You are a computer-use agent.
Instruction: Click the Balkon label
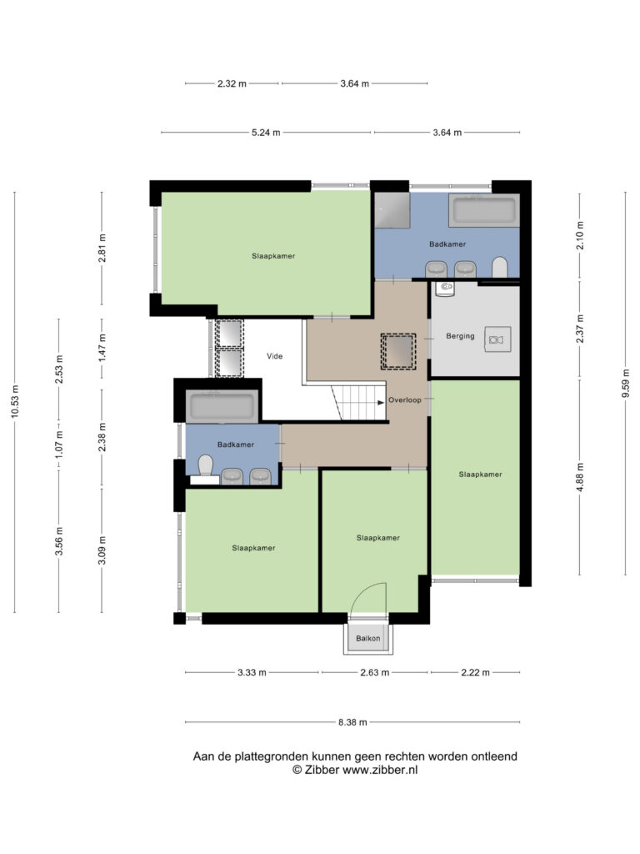[367, 638]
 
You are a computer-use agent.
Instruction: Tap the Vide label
[275, 355]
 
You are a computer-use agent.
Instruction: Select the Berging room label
[460, 336]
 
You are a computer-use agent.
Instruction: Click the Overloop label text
[405, 399]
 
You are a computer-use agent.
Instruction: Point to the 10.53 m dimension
[15, 402]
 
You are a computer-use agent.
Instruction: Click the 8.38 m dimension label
[352, 722]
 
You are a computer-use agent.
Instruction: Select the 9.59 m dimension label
[625, 384]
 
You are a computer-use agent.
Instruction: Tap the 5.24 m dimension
[266, 133]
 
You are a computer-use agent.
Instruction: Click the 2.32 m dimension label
[232, 83]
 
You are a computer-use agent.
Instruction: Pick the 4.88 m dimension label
[580, 477]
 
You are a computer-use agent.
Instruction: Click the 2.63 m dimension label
[375, 672]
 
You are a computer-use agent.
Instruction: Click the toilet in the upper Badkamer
[500, 268]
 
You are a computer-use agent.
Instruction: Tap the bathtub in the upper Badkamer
[484, 210]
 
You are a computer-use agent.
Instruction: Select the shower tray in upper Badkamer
[392, 210]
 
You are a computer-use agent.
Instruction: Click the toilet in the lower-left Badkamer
[206, 465]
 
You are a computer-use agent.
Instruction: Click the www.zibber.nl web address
[380, 770]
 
